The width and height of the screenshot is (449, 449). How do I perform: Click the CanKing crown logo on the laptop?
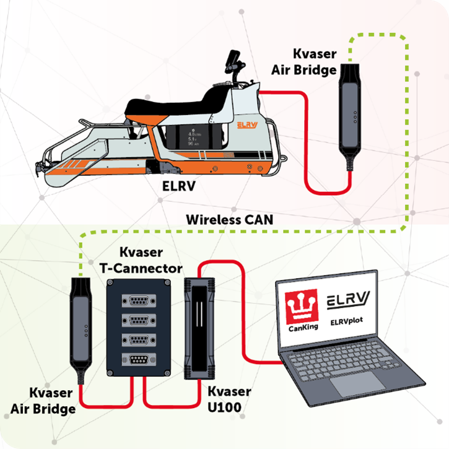301,304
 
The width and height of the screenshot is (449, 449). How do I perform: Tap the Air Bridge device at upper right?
351,115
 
